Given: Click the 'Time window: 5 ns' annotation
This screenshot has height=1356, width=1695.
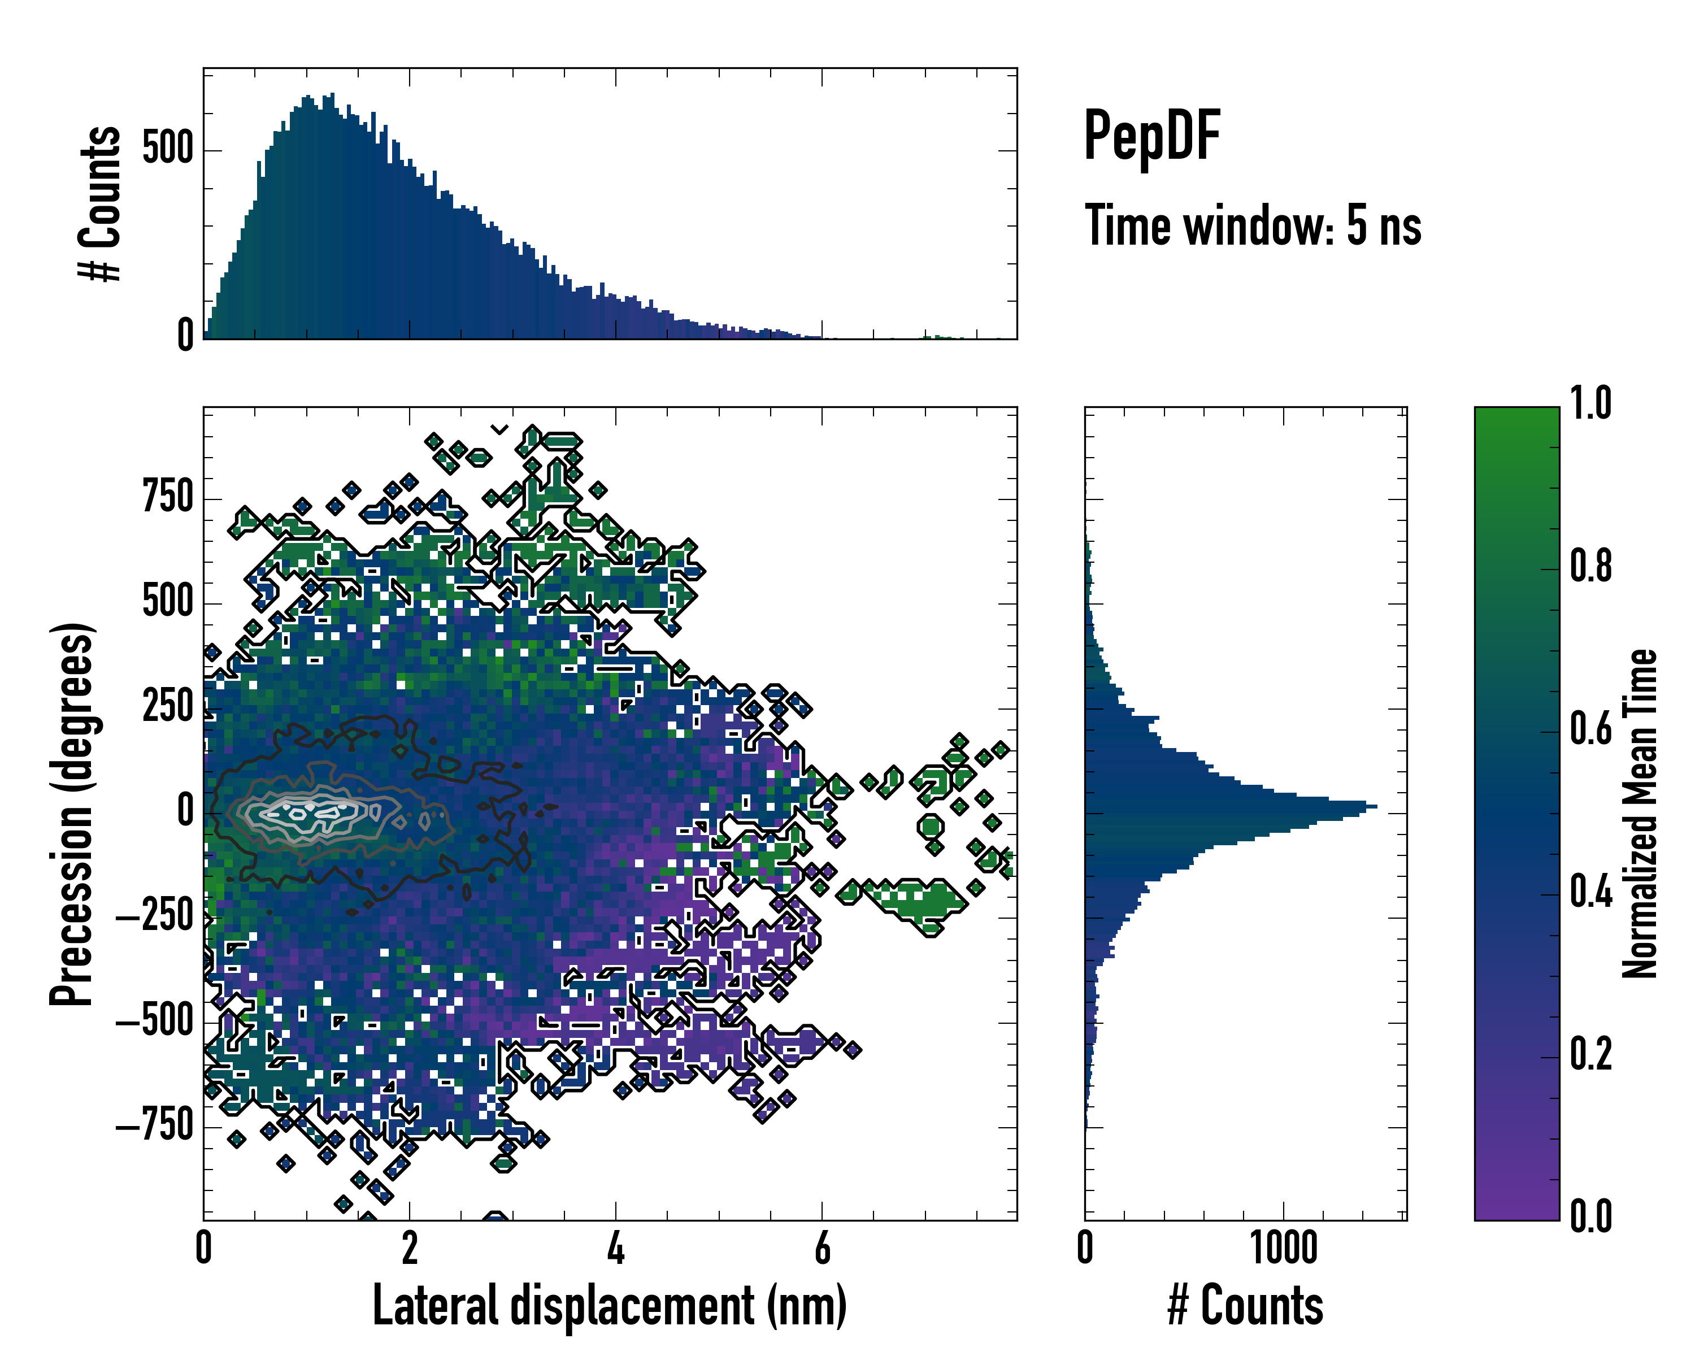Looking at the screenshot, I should [x=1253, y=225].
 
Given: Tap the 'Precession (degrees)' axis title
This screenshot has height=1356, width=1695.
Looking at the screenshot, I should [x=72, y=814].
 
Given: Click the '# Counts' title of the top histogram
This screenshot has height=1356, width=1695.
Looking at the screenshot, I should [x=101, y=203].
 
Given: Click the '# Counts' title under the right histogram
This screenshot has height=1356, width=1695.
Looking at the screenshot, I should [x=1245, y=1305].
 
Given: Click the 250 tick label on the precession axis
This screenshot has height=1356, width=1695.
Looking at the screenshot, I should [x=167, y=707].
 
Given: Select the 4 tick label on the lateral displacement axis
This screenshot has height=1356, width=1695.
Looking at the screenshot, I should [x=616, y=1248].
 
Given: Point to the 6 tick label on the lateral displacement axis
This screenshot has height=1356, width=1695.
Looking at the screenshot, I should [x=822, y=1248].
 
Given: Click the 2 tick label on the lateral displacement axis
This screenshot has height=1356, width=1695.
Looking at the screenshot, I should [x=410, y=1248].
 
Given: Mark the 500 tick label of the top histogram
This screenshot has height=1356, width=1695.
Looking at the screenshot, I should [x=167, y=149].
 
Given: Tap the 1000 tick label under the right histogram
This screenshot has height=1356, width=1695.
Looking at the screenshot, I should [x=1284, y=1248].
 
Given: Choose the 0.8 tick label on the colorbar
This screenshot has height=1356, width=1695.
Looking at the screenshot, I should [x=1590, y=566].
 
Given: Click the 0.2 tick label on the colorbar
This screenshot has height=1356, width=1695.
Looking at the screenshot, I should [x=1590, y=1054].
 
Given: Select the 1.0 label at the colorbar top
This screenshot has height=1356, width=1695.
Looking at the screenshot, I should [x=1590, y=403].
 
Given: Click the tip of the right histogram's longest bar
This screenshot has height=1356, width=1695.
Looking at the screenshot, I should [x=1376, y=806].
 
